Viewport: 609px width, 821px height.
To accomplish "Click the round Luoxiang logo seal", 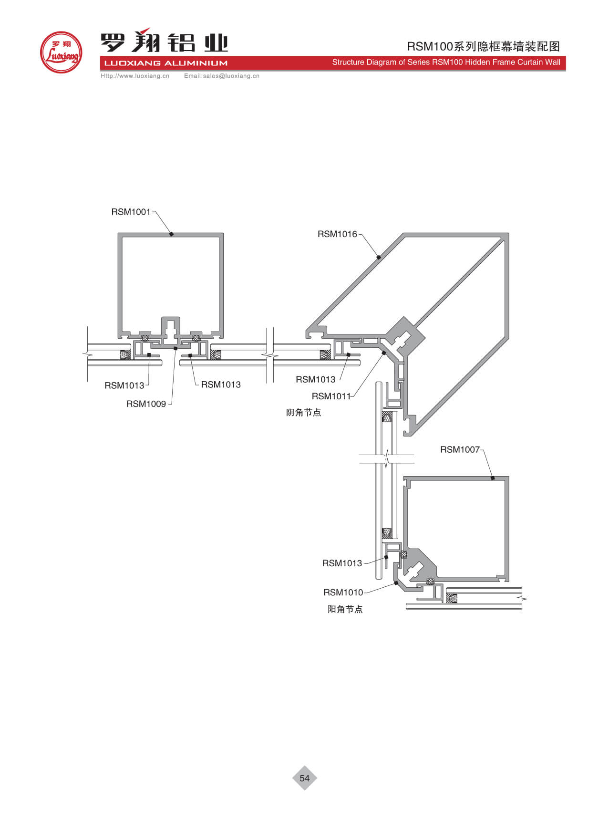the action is tap(61, 52).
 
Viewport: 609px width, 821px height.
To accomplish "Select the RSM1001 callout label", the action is tap(131, 212).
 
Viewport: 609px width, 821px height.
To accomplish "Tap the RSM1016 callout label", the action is tap(337, 234).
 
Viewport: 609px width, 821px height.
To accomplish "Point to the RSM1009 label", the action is tap(146, 404).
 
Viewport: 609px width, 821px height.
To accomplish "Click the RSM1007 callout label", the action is tap(460, 449).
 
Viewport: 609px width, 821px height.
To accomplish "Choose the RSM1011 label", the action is tap(331, 396).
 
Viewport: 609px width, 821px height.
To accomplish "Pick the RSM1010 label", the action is tap(343, 592).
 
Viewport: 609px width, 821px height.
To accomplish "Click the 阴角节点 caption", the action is tap(304, 413).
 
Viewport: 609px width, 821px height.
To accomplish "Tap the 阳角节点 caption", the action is tap(345, 609).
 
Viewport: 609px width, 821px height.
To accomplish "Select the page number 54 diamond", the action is tap(305, 778).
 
